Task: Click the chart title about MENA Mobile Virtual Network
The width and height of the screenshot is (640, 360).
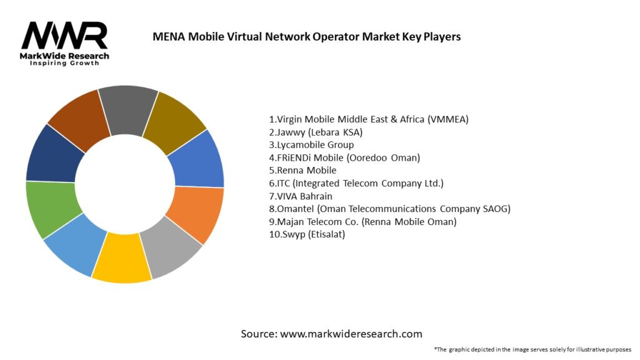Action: (x=306, y=37)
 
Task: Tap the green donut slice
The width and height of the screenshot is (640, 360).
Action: (x=48, y=209)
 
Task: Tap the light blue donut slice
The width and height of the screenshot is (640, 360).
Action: (x=73, y=250)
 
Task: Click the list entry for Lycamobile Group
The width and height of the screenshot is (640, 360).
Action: (x=311, y=144)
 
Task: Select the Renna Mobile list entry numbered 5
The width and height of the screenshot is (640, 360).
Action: (x=302, y=170)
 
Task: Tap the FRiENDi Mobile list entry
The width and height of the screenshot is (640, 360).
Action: (x=344, y=157)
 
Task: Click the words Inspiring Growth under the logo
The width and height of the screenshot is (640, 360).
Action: (x=64, y=64)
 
